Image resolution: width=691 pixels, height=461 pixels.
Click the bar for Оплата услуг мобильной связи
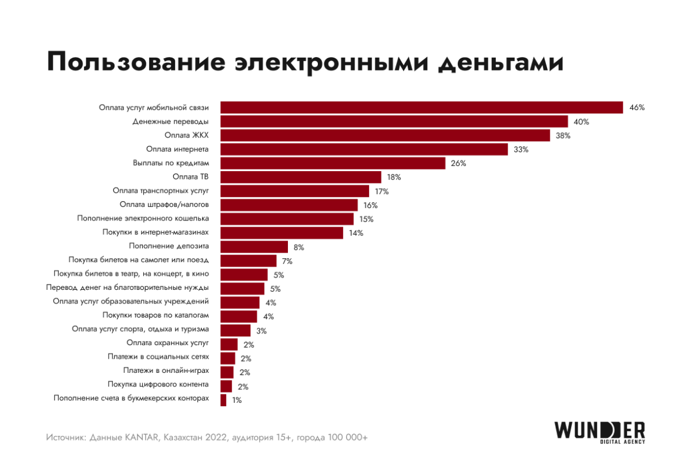[421, 108]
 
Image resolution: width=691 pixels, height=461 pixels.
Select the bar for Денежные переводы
[394, 122]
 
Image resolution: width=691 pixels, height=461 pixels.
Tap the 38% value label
[563, 136]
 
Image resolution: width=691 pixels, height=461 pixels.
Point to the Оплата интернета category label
[177, 149]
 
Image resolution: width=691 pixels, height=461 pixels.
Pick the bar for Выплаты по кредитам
[333, 163]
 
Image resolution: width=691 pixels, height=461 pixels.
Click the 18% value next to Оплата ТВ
[394, 178]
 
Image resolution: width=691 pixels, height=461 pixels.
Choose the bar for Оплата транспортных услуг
[294, 191]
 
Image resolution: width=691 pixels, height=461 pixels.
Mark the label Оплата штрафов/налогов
[164, 205]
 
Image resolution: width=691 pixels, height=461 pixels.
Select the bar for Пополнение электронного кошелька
[287, 219]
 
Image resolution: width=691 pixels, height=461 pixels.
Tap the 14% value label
[356, 233]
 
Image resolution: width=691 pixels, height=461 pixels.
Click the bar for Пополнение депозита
[254, 247]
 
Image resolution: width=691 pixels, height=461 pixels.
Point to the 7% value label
[287, 261]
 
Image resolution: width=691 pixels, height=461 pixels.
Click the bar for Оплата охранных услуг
[229, 345]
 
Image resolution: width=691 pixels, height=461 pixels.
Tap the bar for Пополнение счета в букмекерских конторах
[223, 400]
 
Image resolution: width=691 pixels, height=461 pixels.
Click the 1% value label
[237, 400]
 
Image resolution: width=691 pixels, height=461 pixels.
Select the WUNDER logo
[599, 432]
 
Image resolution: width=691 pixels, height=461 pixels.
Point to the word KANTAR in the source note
[142, 438]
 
